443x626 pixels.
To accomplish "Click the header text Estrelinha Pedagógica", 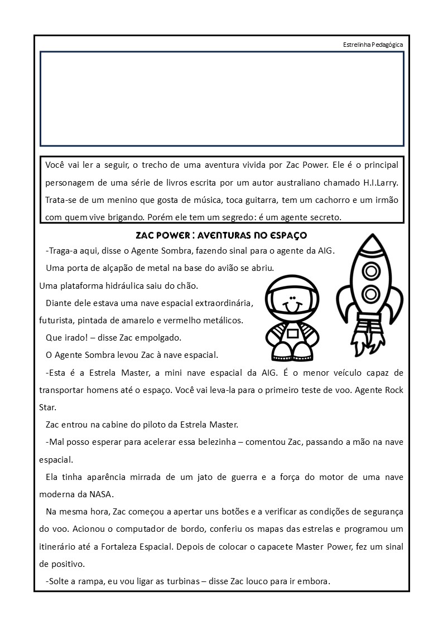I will [x=373, y=45].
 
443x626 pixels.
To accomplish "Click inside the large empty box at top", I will [x=222, y=99].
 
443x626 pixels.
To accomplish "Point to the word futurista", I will [x=57, y=321].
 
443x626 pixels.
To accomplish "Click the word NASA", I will [x=100, y=493].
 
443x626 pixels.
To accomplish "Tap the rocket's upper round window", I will [x=370, y=270].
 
